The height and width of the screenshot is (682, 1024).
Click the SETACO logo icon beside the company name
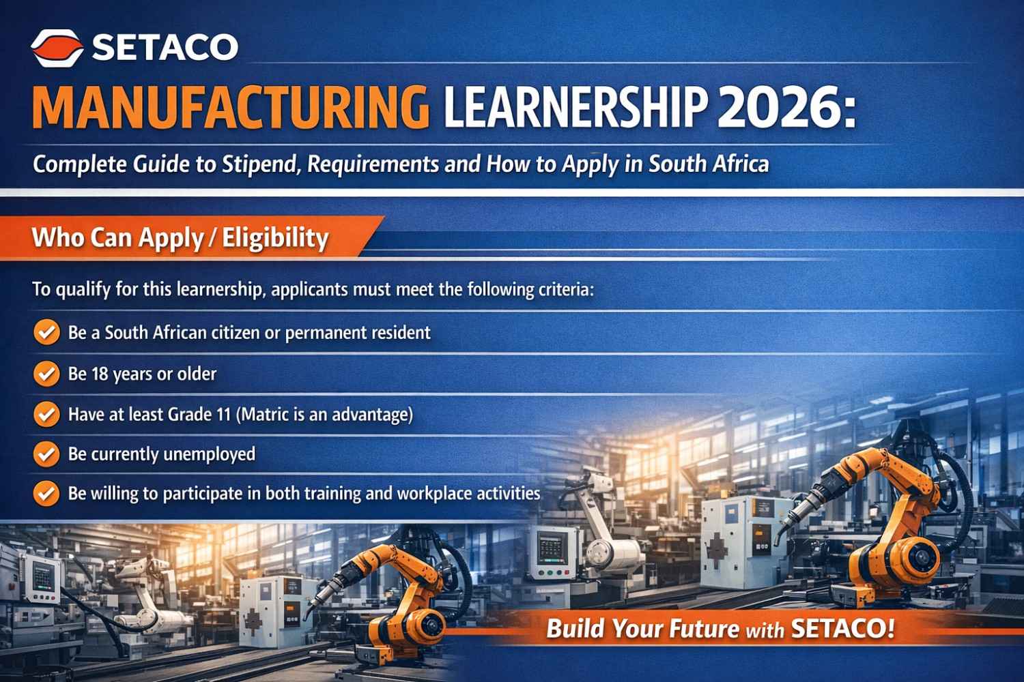click(57, 48)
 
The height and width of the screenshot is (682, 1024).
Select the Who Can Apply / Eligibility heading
click(180, 238)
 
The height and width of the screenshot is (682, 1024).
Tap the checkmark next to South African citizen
click(46, 333)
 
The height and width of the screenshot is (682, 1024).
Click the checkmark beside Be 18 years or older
click(46, 374)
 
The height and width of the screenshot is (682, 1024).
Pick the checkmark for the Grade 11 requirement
click(46, 414)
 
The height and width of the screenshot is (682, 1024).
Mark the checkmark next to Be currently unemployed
click(46, 454)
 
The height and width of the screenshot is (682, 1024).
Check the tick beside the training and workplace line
click(46, 494)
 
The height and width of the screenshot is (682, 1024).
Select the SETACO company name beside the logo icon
click(164, 48)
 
